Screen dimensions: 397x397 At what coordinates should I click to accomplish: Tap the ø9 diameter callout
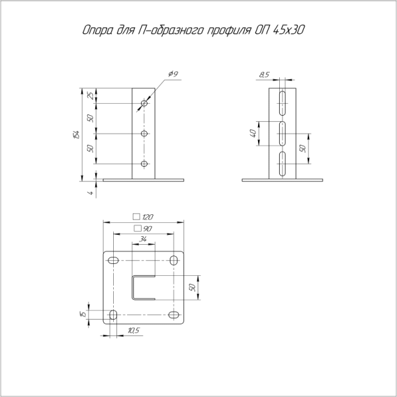[173, 75]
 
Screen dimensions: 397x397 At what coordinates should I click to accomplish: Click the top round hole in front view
[144, 103]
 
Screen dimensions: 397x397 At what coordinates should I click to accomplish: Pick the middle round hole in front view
[144, 134]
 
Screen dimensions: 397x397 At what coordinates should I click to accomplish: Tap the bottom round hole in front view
[144, 163]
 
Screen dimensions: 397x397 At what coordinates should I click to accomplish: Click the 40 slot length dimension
[253, 134]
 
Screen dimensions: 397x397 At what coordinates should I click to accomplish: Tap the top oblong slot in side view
[282, 103]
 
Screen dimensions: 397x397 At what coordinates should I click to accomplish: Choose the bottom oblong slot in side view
[282, 163]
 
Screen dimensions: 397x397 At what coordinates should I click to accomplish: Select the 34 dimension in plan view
[144, 240]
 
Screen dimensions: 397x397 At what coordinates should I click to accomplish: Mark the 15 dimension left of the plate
[83, 314]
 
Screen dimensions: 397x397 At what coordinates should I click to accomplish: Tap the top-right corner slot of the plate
[174, 260]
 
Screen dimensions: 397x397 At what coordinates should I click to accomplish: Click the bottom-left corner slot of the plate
[113, 314]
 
